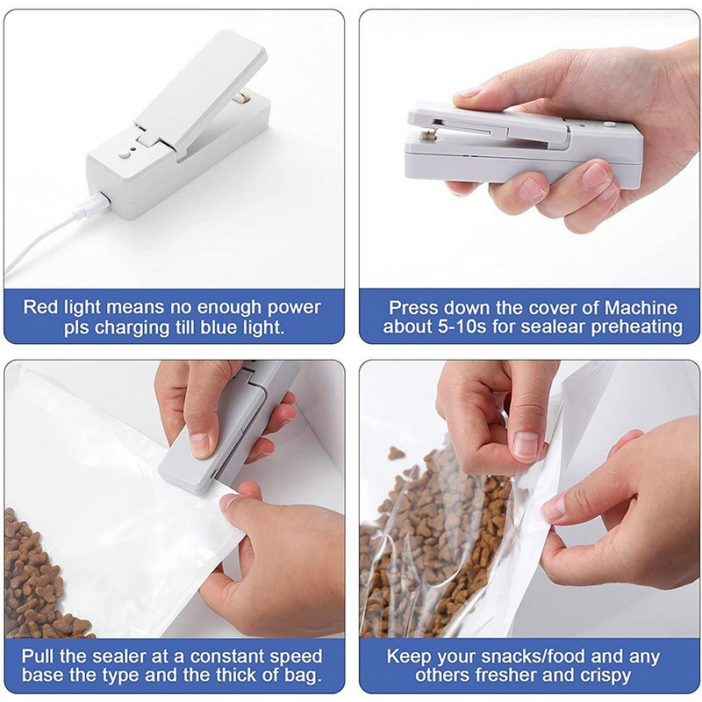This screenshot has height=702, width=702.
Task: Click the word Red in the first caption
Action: point(42,308)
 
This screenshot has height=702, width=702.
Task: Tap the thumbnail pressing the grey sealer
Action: point(200,444)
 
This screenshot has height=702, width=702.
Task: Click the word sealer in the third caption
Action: point(116,656)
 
